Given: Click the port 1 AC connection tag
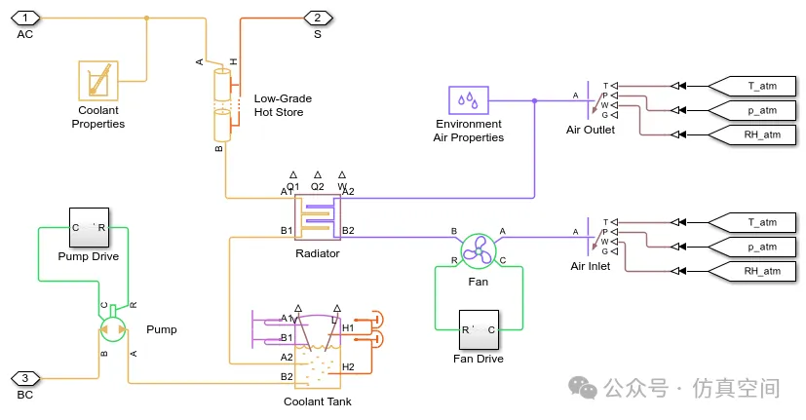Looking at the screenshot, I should pos(25,18).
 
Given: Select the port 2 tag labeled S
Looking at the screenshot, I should pos(318,18).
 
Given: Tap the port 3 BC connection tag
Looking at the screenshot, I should pos(25,378).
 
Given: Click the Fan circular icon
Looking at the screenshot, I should pos(479,250).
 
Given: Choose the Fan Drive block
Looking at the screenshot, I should pos(479,329).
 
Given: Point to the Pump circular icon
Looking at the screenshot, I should pos(114,328).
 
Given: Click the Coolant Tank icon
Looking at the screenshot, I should pos(317,352).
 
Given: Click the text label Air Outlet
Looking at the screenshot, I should pos(591,130).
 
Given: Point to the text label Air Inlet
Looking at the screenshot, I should pos(591,266).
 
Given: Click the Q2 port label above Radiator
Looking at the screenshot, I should pos(317,186).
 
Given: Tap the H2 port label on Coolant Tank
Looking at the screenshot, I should pos(348,366).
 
